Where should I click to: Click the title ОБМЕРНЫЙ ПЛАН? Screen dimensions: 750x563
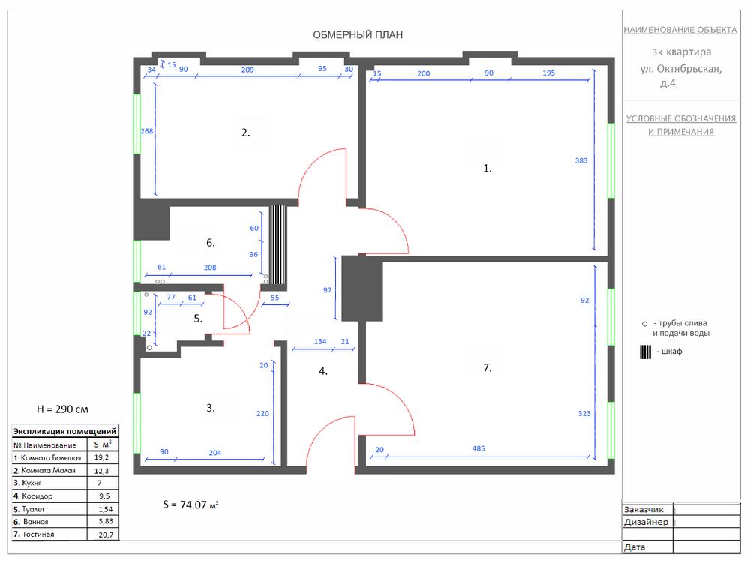tap(358, 35)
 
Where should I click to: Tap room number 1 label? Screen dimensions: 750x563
tap(487, 168)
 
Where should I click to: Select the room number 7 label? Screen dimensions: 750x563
tap(487, 367)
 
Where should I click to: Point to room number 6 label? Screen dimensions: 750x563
tap(211, 243)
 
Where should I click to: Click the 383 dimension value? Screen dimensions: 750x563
tap(581, 160)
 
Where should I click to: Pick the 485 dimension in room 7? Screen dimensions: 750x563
tap(478, 448)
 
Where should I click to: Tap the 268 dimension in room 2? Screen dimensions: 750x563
tap(147, 131)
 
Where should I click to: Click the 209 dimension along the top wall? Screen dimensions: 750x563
tap(247, 70)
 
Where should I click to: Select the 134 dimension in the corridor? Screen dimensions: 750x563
tap(320, 341)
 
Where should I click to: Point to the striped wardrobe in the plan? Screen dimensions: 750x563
tap(278, 244)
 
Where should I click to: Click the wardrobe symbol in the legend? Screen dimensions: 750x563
tap(645, 352)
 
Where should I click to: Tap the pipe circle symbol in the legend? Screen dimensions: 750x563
tap(644, 324)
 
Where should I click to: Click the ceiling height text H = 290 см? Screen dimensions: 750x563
tap(62, 409)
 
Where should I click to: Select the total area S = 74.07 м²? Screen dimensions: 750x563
tap(190, 505)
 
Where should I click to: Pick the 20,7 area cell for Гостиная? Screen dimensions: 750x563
tap(106, 535)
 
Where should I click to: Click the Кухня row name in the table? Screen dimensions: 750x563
tap(27, 483)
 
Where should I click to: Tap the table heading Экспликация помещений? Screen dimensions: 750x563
tap(64, 431)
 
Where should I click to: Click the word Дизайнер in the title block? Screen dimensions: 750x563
tap(646, 522)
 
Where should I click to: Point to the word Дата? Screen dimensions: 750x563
tap(634, 547)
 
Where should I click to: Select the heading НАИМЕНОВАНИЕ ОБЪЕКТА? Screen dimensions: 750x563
tap(679, 30)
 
